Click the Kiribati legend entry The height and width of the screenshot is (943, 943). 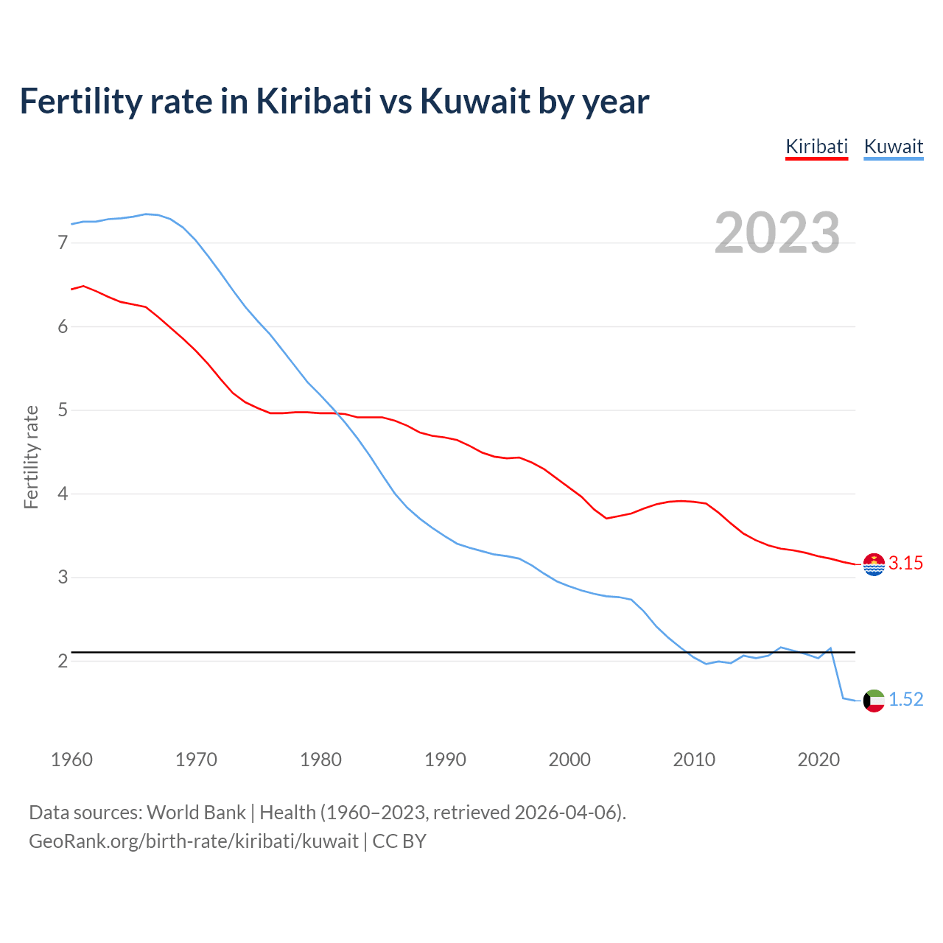point(816,147)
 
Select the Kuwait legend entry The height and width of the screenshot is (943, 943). point(893,147)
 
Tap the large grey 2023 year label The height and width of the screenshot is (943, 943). point(777,233)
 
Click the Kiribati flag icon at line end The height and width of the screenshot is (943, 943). point(874,564)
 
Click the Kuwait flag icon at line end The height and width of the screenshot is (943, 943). point(874,701)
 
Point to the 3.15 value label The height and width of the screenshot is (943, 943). point(905,564)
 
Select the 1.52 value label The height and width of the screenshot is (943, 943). point(905,700)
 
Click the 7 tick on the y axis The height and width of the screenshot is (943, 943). point(63,242)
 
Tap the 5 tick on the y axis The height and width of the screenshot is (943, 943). point(63,410)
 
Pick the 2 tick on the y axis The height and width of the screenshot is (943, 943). point(63,661)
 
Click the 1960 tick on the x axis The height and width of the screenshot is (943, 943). point(71,760)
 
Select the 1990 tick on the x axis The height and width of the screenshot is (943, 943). point(445,760)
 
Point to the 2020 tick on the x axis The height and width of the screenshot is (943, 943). point(818,760)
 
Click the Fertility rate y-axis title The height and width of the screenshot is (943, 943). point(31,457)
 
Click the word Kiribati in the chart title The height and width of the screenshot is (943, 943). point(313,101)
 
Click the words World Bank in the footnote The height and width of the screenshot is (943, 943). point(196,813)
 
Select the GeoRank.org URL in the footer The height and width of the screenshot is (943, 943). point(193,841)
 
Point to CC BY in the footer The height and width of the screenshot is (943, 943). point(399,841)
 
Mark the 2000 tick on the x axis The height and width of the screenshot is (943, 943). point(569,760)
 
